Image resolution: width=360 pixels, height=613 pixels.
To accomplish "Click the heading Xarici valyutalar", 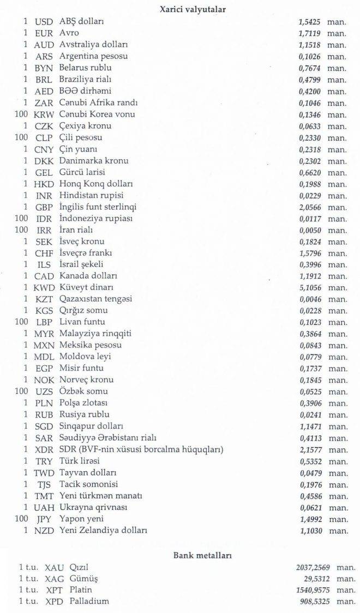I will (x=192, y=9).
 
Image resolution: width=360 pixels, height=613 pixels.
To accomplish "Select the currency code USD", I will (x=44, y=22).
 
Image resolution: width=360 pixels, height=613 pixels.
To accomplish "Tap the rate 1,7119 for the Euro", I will (x=309, y=33).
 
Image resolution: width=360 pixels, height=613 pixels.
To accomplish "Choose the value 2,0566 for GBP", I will (x=309, y=207).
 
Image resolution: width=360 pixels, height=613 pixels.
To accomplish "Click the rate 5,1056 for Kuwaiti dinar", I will (x=309, y=287).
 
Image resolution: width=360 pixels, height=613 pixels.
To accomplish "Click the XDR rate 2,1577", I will (x=309, y=449).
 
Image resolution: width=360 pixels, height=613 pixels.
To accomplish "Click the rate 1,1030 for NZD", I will (x=309, y=530).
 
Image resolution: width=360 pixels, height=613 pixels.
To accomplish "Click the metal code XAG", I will (x=55, y=579).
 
